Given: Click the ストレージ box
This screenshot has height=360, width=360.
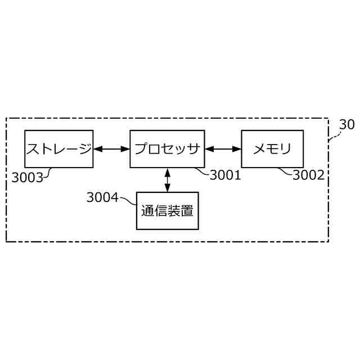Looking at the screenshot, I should pos(58,148).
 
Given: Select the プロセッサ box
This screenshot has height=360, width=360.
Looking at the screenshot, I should pos(166,148).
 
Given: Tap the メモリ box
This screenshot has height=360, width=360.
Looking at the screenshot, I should pos(272,148).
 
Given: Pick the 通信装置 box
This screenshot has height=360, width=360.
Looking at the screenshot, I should pos(167,211).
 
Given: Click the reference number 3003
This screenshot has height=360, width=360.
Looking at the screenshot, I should pos(27,178).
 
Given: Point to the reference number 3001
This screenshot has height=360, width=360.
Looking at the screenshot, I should pos(225,175).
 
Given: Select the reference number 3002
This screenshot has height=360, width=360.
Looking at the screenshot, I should pos(308,175).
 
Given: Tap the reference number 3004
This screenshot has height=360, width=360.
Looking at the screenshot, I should pos(102,197).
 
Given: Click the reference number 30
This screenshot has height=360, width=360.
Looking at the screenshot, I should pos(346,125).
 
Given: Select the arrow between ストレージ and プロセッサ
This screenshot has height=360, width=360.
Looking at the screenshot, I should pos(111,149).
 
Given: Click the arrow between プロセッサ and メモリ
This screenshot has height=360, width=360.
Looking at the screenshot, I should pos(223,149).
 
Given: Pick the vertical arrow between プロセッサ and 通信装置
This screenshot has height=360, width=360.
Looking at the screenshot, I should pos(167,179).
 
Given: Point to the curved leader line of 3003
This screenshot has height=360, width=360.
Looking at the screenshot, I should pos(48,173).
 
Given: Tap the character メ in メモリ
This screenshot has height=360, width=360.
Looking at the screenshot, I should pos(259,149).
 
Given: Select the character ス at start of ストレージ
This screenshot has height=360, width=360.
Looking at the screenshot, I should pos(34,149).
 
